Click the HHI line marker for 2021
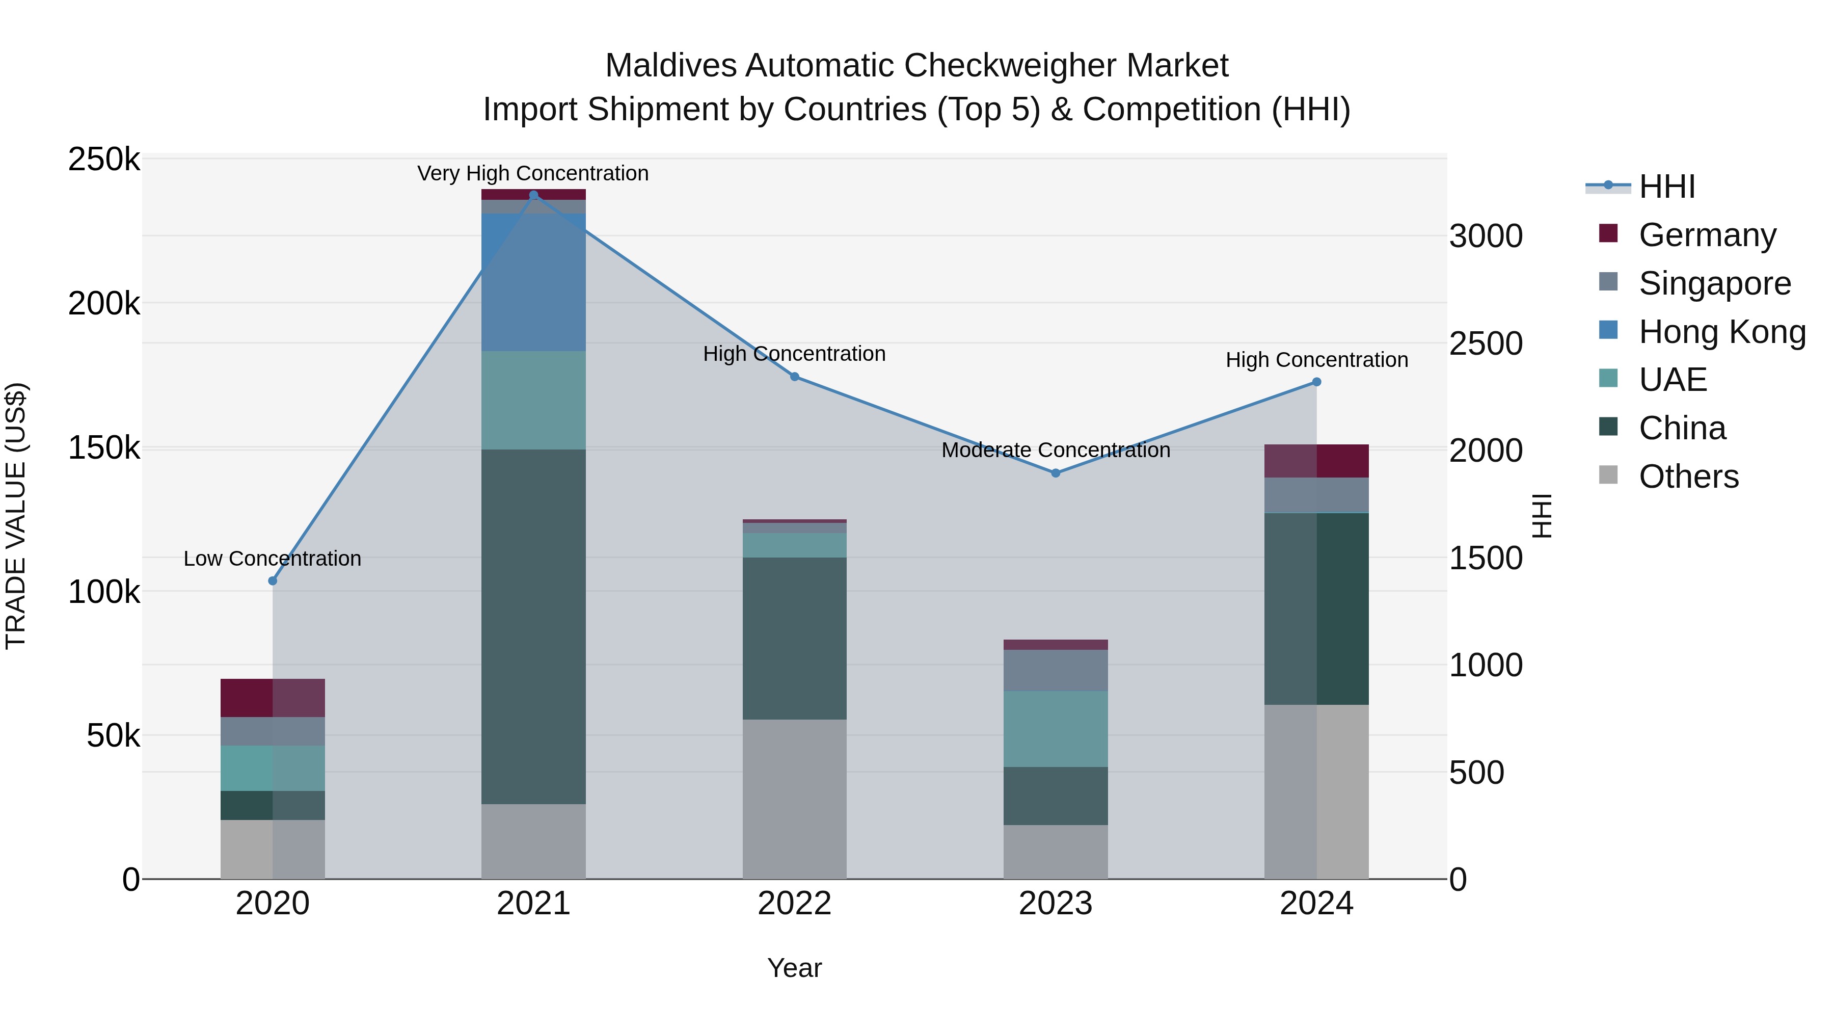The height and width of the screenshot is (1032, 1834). click(533, 195)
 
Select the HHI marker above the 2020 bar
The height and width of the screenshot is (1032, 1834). click(273, 580)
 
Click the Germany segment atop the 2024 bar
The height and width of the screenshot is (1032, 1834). click(1316, 461)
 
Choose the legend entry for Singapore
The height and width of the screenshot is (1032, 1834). click(1714, 283)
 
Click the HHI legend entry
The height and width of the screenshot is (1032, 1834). click(1666, 187)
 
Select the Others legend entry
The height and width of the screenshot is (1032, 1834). click(1688, 477)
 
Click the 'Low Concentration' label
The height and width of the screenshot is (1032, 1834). click(272, 559)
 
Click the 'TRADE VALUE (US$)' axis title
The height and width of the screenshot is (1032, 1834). click(16, 516)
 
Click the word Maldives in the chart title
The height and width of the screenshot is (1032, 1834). click(670, 66)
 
